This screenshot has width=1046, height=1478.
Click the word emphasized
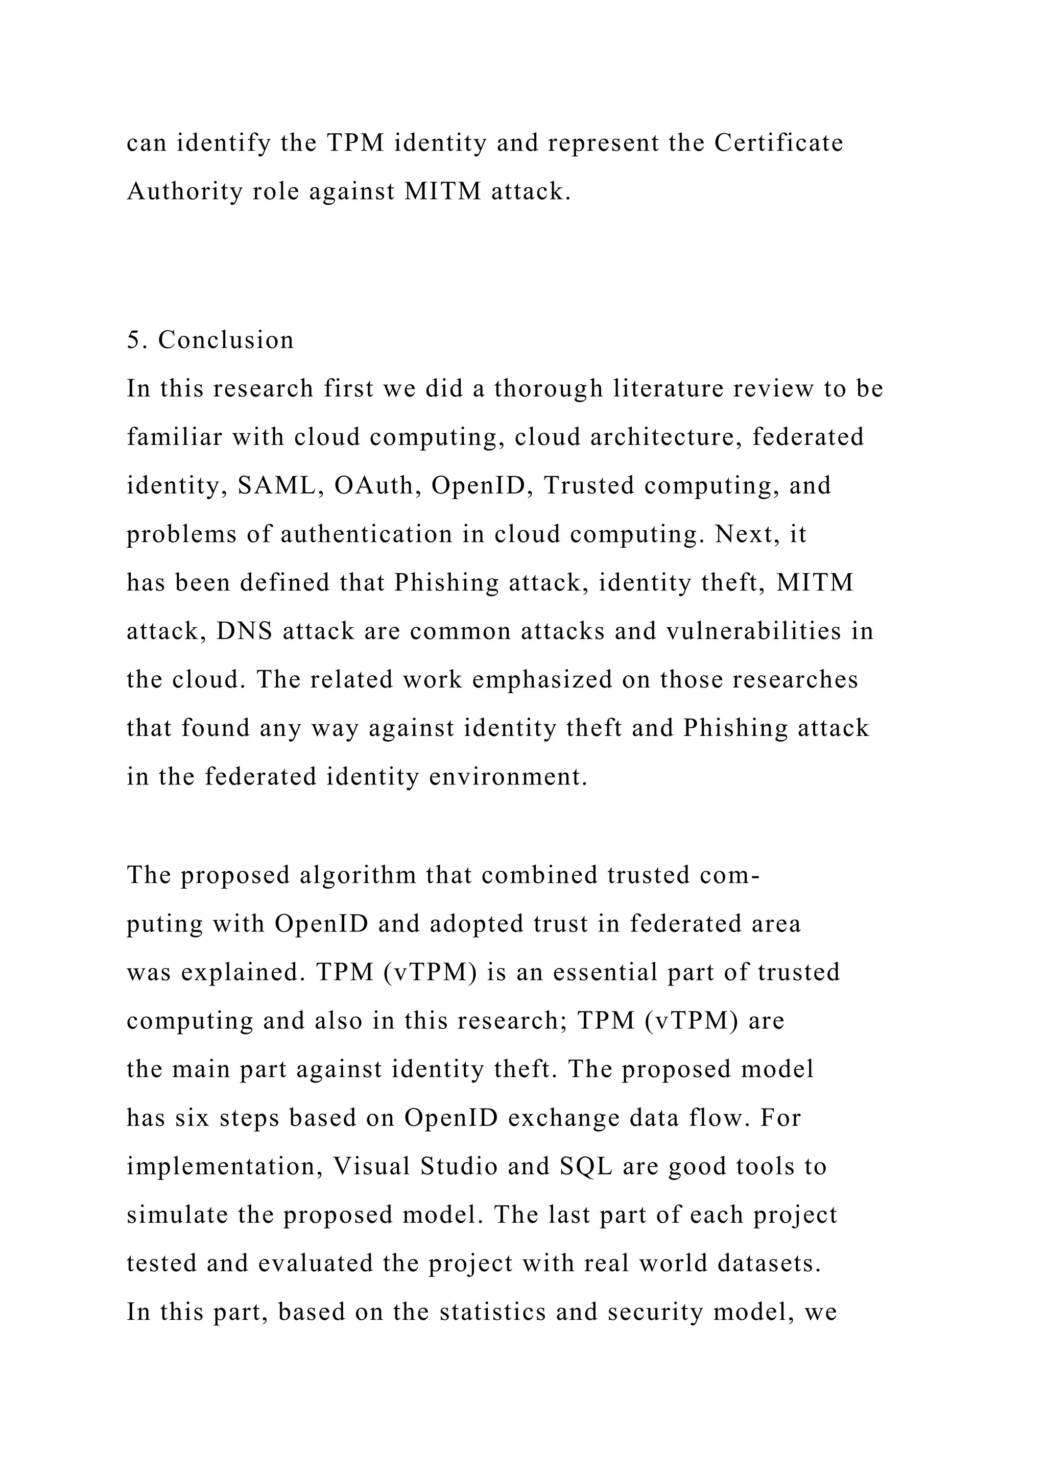542,680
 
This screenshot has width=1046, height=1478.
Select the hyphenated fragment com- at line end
732,875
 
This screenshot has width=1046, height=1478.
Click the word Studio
459,1167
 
